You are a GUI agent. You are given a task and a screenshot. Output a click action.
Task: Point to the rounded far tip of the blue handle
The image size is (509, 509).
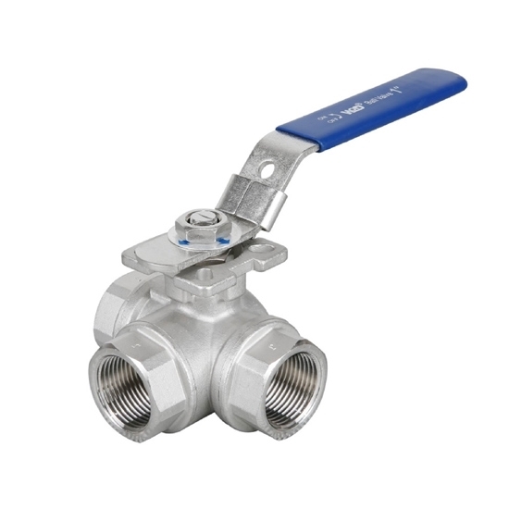[459, 81]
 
